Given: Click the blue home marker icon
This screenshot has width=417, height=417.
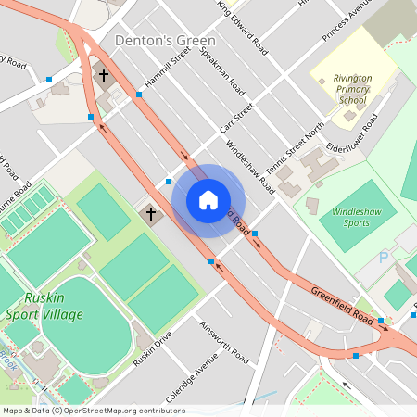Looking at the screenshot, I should click(208, 200).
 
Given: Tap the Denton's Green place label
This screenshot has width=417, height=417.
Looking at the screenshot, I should click(165, 41).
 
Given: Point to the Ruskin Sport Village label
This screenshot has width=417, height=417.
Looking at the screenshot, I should click(53, 307).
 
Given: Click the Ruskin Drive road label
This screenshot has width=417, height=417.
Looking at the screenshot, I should click(153, 347).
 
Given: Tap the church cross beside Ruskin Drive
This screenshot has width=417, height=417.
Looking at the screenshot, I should click(150, 214).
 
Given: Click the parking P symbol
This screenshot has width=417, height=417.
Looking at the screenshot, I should click(384, 257).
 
